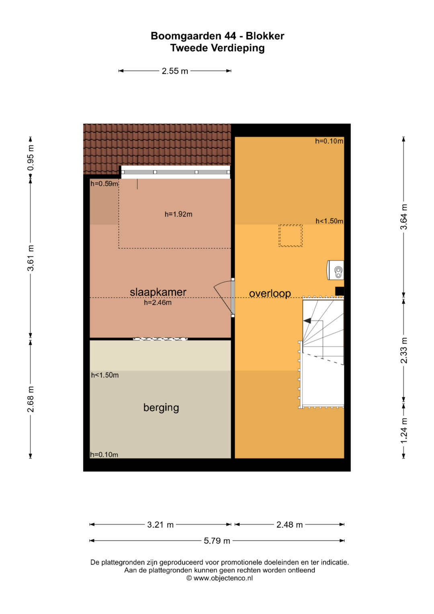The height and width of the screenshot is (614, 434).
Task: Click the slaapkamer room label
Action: point(158,292)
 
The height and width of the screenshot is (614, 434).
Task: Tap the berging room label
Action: point(161,408)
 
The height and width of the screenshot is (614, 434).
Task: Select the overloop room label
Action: point(270,293)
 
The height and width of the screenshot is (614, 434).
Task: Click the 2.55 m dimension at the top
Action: point(175,71)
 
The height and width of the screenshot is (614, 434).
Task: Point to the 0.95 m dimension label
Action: point(31,158)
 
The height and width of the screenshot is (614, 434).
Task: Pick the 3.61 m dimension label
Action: point(31,258)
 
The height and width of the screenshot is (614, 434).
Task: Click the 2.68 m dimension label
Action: point(31,399)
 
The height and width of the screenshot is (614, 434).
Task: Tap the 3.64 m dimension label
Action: point(403,217)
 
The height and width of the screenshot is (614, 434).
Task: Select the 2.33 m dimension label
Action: point(403,350)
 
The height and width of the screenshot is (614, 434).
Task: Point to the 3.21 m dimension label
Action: point(160,525)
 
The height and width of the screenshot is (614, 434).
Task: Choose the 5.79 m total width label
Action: point(217,541)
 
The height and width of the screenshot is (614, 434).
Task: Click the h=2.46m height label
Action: point(158,303)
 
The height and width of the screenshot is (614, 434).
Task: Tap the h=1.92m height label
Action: point(178,214)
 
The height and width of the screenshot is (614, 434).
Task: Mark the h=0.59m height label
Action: point(104,184)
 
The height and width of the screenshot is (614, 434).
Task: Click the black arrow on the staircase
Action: point(307,320)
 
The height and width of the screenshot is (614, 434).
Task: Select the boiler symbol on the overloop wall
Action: point(336,270)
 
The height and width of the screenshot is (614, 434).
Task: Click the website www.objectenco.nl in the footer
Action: point(223,578)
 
